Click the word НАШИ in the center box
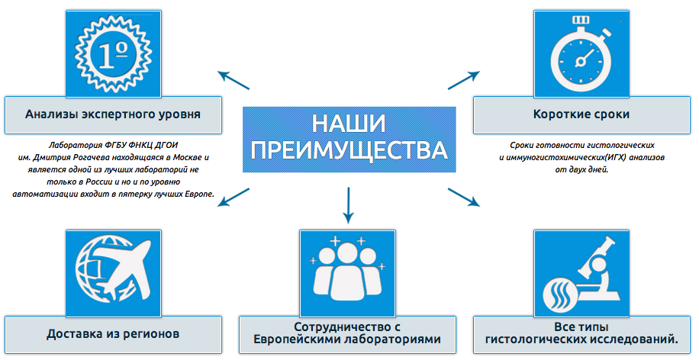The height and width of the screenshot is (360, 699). [349, 124]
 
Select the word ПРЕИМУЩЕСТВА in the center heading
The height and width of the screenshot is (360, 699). [349, 149]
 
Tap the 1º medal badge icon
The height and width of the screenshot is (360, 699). [113, 54]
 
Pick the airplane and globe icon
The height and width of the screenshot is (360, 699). [113, 273]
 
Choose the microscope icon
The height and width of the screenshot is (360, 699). [581, 273]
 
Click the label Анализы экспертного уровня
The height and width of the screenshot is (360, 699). [113, 114]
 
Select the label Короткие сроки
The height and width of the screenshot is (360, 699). [581, 114]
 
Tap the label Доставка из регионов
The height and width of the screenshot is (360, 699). [113, 334]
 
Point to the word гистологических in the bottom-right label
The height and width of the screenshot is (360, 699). [536, 339]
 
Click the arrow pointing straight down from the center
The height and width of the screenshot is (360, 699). [348, 205]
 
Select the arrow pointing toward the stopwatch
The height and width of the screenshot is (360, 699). [464, 80]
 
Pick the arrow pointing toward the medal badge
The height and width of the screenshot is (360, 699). [234, 80]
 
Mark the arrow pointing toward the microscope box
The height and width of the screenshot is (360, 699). [464, 198]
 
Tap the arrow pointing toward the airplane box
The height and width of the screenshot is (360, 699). [234, 198]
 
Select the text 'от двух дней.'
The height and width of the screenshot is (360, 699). [581, 170]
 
